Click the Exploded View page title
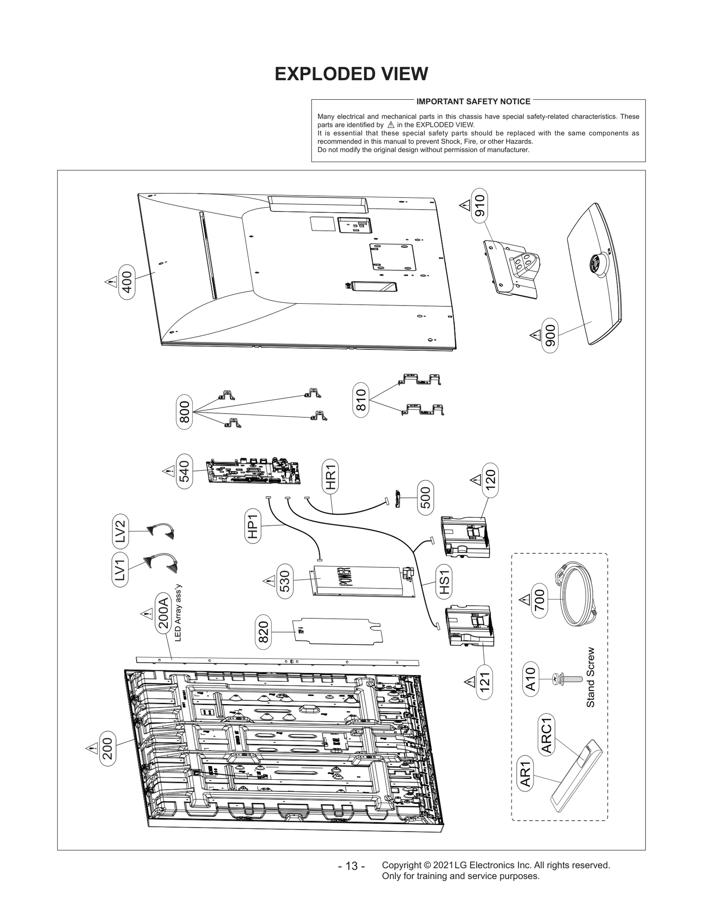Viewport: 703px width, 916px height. [x=351, y=74]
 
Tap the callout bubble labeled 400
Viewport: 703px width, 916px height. [x=127, y=282]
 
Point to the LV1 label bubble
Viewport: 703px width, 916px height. [x=121, y=570]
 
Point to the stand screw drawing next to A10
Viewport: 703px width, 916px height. [x=567, y=679]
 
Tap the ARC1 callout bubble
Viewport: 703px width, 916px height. [x=547, y=734]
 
